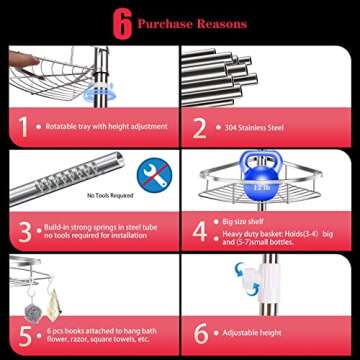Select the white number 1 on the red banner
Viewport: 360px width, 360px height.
click(21, 127)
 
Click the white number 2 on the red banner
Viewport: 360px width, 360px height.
click(199, 127)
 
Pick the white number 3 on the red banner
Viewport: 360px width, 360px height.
click(21, 232)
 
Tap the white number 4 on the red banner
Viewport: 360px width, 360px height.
click(199, 232)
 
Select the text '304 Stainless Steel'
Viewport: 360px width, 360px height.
click(256, 128)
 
